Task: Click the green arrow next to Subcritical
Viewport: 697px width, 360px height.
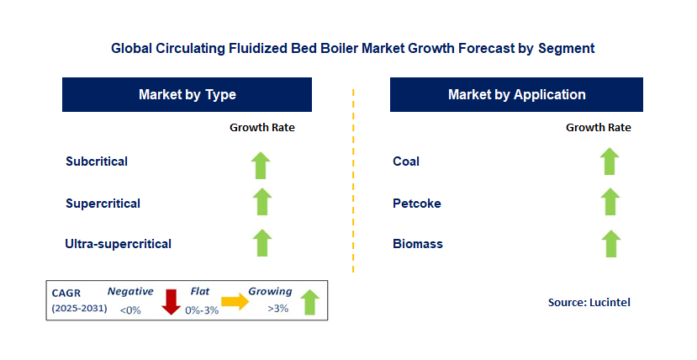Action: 261,166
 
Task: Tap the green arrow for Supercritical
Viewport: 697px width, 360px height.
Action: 261,201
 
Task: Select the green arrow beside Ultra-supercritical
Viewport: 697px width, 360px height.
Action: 262,243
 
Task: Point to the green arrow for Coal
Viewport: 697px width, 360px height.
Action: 610,161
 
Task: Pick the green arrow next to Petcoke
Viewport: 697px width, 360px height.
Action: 610,201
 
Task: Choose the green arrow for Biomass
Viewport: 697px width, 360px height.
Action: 611,244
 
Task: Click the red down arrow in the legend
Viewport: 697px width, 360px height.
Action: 171,302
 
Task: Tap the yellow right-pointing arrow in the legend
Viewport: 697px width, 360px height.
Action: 235,302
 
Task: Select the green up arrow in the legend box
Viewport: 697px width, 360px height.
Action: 310,302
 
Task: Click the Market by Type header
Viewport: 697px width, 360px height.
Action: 187,95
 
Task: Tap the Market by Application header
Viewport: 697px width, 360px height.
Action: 516,95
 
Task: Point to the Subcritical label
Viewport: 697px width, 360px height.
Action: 97,161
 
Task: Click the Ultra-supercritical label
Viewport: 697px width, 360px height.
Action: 119,244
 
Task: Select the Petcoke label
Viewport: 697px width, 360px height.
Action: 417,204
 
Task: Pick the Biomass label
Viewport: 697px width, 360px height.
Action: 418,244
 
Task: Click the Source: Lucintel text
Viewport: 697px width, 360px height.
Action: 589,303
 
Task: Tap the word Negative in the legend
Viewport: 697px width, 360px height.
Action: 130,292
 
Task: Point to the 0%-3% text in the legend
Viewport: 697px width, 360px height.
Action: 202,310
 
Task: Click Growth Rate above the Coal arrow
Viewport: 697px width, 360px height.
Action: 599,128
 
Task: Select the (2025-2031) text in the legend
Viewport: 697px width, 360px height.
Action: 80,308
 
